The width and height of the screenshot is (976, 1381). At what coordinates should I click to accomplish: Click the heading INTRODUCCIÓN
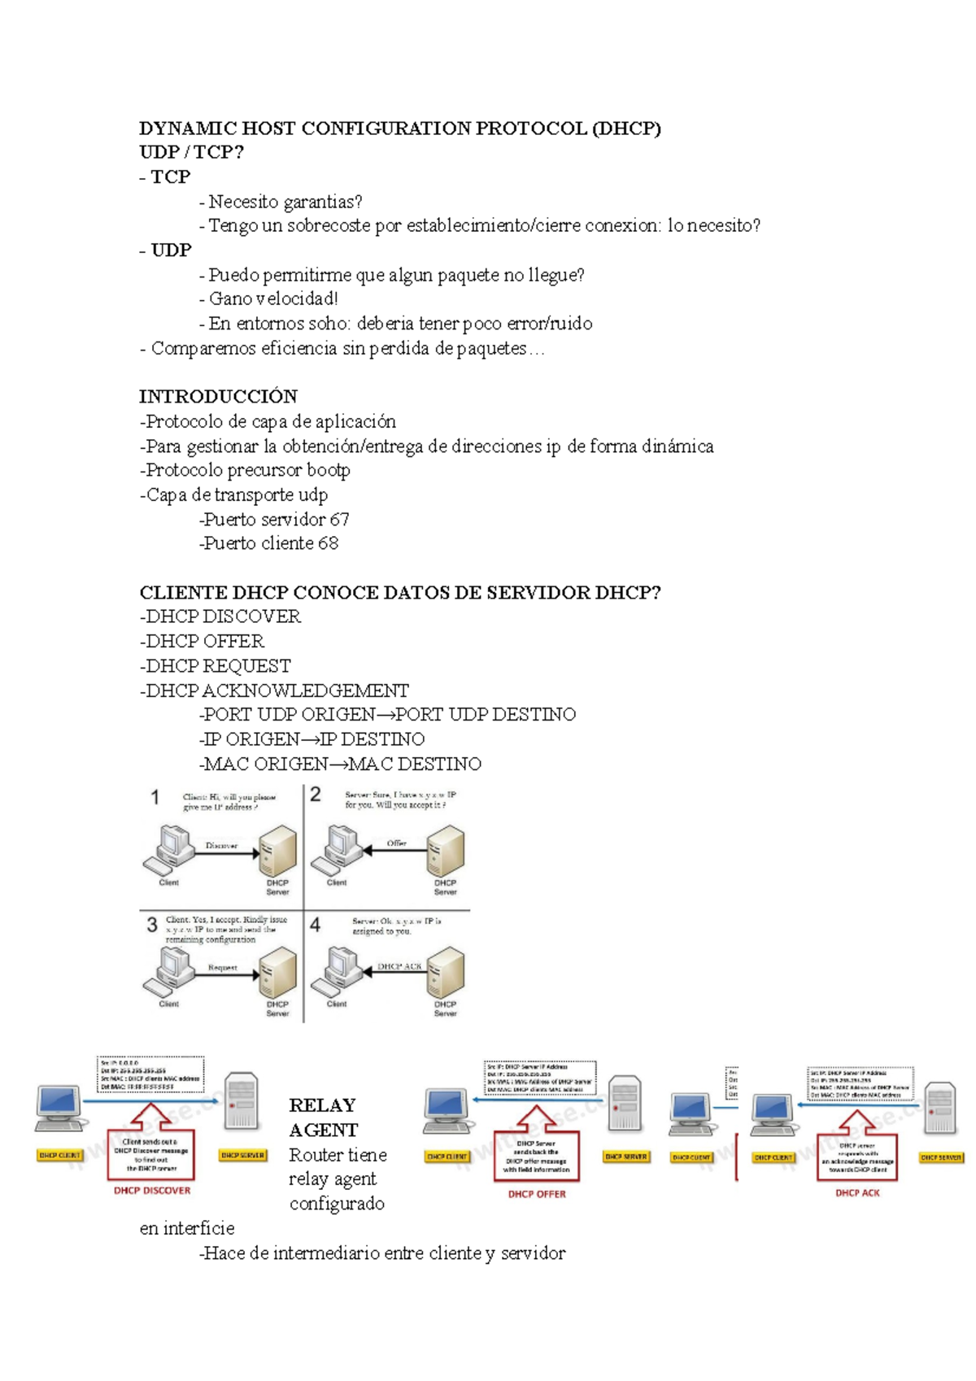[218, 397]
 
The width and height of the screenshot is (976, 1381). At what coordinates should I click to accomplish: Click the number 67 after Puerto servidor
[339, 519]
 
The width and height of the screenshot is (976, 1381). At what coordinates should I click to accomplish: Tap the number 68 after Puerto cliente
[328, 543]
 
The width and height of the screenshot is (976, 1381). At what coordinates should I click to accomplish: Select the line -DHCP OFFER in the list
[202, 641]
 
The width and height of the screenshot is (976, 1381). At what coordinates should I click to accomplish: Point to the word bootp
[328, 470]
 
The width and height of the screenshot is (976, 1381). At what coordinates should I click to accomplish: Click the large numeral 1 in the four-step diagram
[155, 797]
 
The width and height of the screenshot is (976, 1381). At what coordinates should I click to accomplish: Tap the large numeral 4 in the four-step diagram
[316, 925]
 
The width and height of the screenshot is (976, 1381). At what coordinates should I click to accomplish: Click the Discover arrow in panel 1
[224, 853]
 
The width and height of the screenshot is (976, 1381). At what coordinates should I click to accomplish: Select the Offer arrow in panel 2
[394, 851]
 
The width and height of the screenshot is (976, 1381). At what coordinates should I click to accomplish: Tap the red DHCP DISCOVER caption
[152, 1191]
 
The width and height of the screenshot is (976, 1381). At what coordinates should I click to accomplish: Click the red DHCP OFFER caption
[537, 1194]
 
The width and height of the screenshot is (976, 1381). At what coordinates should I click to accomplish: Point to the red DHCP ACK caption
[857, 1193]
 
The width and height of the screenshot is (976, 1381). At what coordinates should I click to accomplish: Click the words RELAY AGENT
[323, 1117]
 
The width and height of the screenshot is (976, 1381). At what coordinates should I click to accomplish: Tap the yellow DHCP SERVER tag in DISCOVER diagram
[242, 1155]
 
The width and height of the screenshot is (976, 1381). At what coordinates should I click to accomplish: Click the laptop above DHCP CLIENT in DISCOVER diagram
[59, 1108]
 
